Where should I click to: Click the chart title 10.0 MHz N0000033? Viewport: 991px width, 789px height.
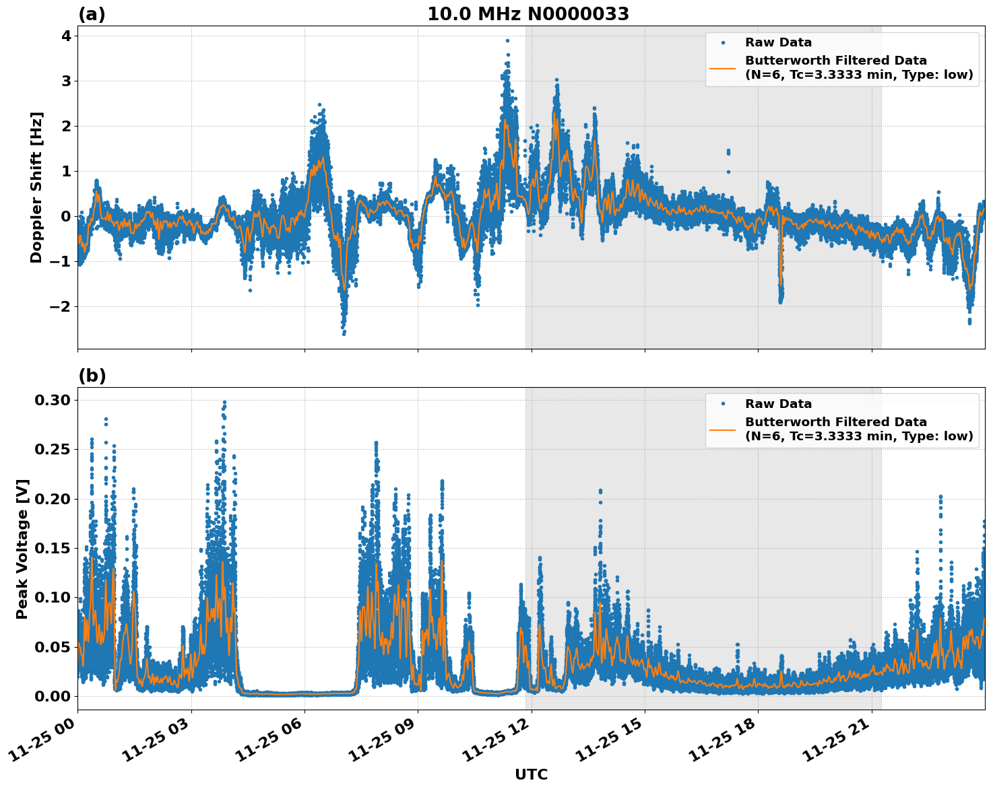pos(528,14)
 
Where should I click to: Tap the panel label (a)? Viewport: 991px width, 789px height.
pos(92,14)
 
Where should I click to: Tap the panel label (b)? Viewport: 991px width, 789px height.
pos(92,376)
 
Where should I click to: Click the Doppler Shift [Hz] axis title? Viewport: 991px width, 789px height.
pos(36,187)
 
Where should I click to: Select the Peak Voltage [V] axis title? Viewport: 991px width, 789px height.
pos(22,549)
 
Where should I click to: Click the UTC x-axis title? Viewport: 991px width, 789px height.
pos(531,774)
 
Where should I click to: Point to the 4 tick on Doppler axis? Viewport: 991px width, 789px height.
pos(66,36)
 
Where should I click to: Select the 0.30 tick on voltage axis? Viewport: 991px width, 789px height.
pos(53,400)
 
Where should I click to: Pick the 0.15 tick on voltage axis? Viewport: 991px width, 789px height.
pos(53,548)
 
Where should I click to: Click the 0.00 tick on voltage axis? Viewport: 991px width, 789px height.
pos(53,696)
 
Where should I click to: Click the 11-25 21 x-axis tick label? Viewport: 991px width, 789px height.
pos(836,743)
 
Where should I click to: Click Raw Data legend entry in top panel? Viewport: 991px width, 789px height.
pos(778,42)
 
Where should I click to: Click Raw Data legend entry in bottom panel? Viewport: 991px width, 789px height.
pos(778,404)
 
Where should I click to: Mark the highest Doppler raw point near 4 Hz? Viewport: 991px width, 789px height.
pos(507,40)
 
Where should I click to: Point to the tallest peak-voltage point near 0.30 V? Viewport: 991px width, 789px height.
pos(224,403)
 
